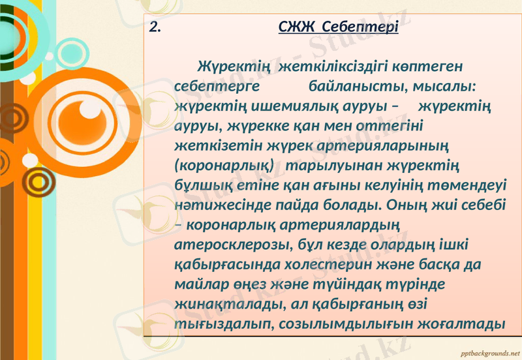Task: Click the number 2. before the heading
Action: coord(155,27)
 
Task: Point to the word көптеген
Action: coord(426,66)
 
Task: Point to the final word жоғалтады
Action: coord(467,323)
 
